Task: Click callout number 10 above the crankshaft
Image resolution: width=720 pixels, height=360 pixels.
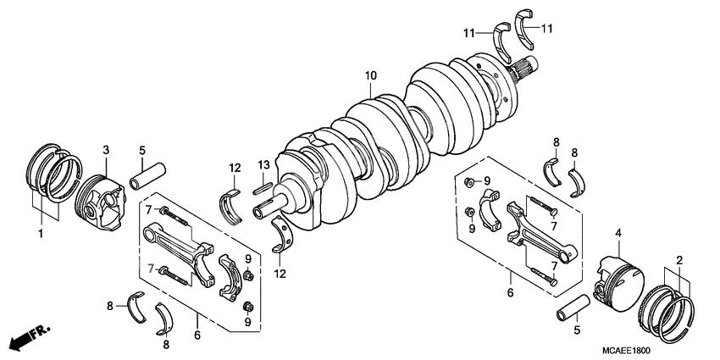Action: (x=370, y=76)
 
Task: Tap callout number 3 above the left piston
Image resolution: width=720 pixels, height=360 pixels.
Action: (x=107, y=150)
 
